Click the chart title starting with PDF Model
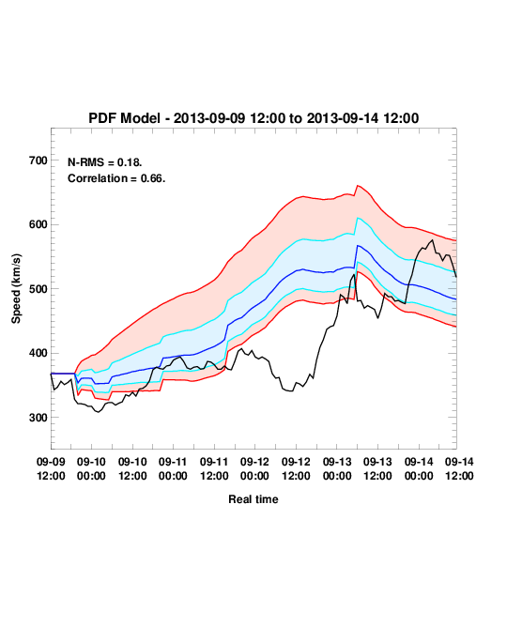[x=253, y=118]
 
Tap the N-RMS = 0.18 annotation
[x=105, y=162]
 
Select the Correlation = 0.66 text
[x=116, y=178]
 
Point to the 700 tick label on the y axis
[x=38, y=160]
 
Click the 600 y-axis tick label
[x=38, y=224]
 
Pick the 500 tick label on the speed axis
[x=38, y=289]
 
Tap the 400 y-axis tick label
[x=38, y=353]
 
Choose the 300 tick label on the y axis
[x=38, y=418]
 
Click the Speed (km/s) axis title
[x=16, y=289]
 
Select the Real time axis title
[x=253, y=499]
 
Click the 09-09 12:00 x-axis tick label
[x=51, y=468]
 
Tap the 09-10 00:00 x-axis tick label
[x=91, y=468]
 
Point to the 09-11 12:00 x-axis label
[x=214, y=468]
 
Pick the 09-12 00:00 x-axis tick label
[x=254, y=468]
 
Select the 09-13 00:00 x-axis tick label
[x=337, y=468]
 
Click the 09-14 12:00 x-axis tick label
[x=459, y=468]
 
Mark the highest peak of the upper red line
[x=358, y=186]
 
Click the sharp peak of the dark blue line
[x=358, y=245]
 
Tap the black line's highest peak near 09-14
[x=433, y=240]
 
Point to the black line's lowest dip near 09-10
[x=98, y=412]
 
